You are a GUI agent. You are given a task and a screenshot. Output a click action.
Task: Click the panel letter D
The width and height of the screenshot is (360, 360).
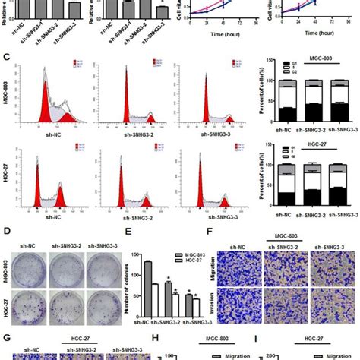(x=7, y=225)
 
